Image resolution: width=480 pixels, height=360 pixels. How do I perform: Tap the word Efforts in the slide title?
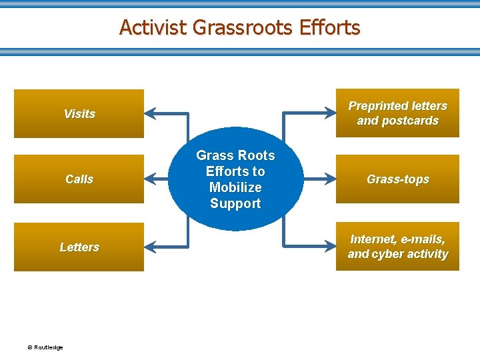click(x=329, y=27)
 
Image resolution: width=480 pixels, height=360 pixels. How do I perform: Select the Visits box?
click(x=79, y=113)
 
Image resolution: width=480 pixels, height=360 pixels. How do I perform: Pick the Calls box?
click(x=79, y=179)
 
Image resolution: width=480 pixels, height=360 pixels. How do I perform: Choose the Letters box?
click(x=79, y=247)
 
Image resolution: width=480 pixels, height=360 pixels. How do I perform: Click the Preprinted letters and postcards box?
click(x=397, y=113)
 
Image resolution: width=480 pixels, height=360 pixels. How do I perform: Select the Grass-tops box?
click(x=397, y=179)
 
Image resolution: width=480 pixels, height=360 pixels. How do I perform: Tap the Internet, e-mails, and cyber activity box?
click(x=397, y=247)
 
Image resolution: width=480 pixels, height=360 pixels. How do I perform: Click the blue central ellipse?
click(x=235, y=179)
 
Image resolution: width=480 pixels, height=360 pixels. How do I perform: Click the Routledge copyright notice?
click(x=45, y=347)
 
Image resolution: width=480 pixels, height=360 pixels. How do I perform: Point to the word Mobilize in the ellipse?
click(x=235, y=187)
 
